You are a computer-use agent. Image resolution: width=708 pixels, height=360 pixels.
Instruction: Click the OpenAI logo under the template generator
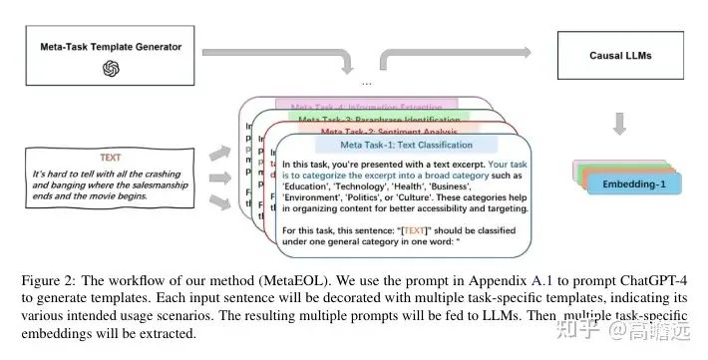coord(110,69)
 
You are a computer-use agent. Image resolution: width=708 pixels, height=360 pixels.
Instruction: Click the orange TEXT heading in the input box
coord(112,157)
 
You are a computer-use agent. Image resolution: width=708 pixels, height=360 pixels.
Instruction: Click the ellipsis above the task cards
coord(366,81)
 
